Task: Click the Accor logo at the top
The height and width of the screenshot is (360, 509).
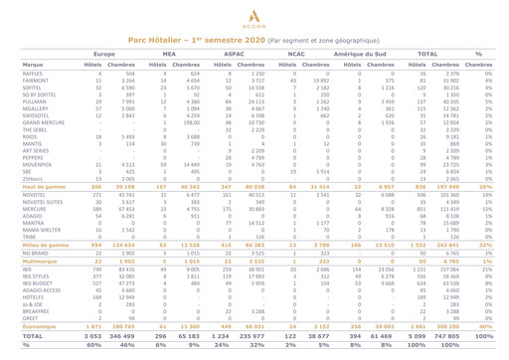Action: [x=254, y=15]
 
